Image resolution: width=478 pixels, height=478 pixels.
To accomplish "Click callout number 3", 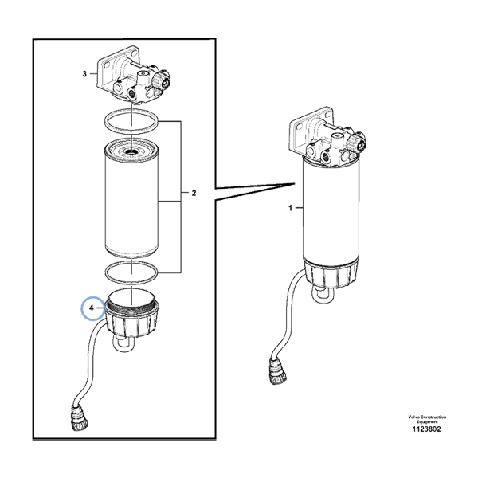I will (x=85, y=74).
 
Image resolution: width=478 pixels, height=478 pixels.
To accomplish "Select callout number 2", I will (x=194, y=193).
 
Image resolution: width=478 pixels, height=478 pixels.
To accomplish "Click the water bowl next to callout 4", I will (x=132, y=322).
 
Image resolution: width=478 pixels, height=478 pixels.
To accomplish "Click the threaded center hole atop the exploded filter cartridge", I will (x=132, y=148).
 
